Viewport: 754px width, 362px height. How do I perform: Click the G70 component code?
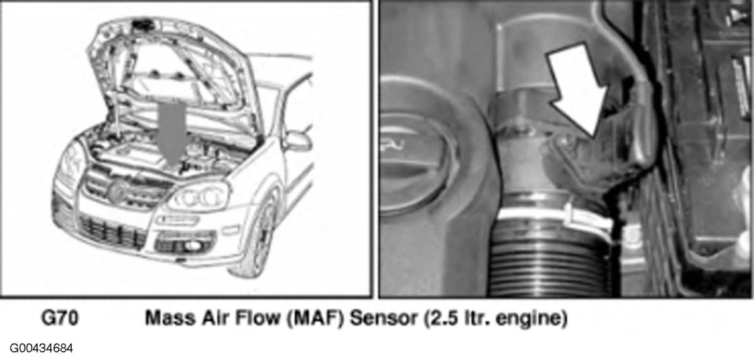pyautogui.click(x=60, y=318)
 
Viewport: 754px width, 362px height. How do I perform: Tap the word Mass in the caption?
pyautogui.click(x=170, y=318)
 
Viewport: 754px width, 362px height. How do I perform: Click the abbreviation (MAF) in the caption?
pyautogui.click(x=315, y=319)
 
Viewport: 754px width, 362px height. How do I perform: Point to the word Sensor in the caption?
pyautogui.click(x=383, y=318)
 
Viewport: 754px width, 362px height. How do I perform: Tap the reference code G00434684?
pyautogui.click(x=41, y=348)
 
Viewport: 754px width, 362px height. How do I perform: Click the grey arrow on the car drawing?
pyautogui.click(x=172, y=133)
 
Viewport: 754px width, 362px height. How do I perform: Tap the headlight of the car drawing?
pyautogui.click(x=198, y=196)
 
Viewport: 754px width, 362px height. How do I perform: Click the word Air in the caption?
pyautogui.click(x=216, y=318)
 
